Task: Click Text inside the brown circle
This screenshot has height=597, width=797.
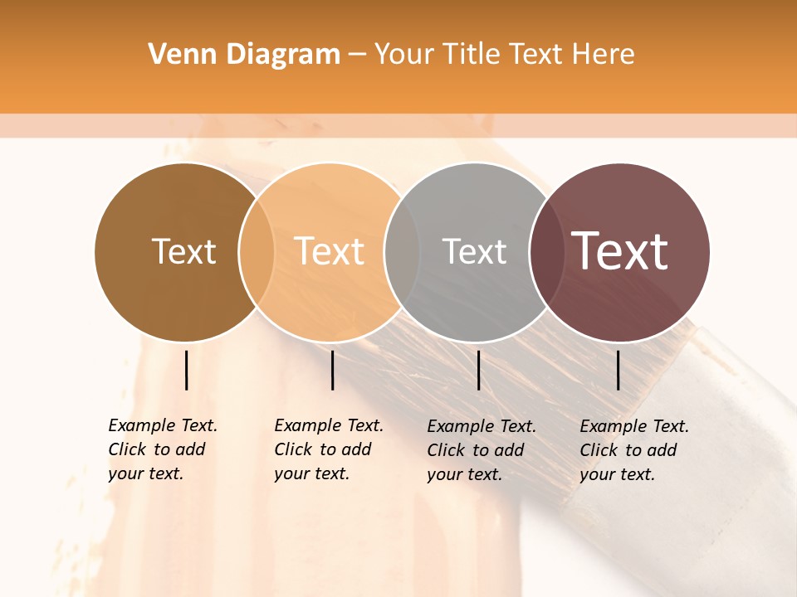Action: coord(183,251)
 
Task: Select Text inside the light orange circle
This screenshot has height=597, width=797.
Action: coord(330,251)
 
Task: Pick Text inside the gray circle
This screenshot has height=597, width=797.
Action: coord(474,251)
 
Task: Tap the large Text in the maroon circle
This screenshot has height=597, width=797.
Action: coord(620,251)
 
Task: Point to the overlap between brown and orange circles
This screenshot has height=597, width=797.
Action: coord(257,252)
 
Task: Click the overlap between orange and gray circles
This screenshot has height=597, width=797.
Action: coord(402,252)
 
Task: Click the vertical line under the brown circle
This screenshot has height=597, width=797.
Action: coord(187,370)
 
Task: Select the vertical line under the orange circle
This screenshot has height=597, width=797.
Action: coord(332,370)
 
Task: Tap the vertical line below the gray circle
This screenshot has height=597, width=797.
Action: coord(478,370)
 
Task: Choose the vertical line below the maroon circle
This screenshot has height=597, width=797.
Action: coord(619,370)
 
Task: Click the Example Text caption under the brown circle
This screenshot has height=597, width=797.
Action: coord(163,449)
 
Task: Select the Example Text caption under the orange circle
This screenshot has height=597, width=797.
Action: coord(329,449)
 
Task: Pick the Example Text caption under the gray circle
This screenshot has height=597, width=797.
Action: coord(482,450)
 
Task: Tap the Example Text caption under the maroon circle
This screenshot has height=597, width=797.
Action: coord(634,450)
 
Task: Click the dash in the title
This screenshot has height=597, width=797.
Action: coord(357,56)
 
